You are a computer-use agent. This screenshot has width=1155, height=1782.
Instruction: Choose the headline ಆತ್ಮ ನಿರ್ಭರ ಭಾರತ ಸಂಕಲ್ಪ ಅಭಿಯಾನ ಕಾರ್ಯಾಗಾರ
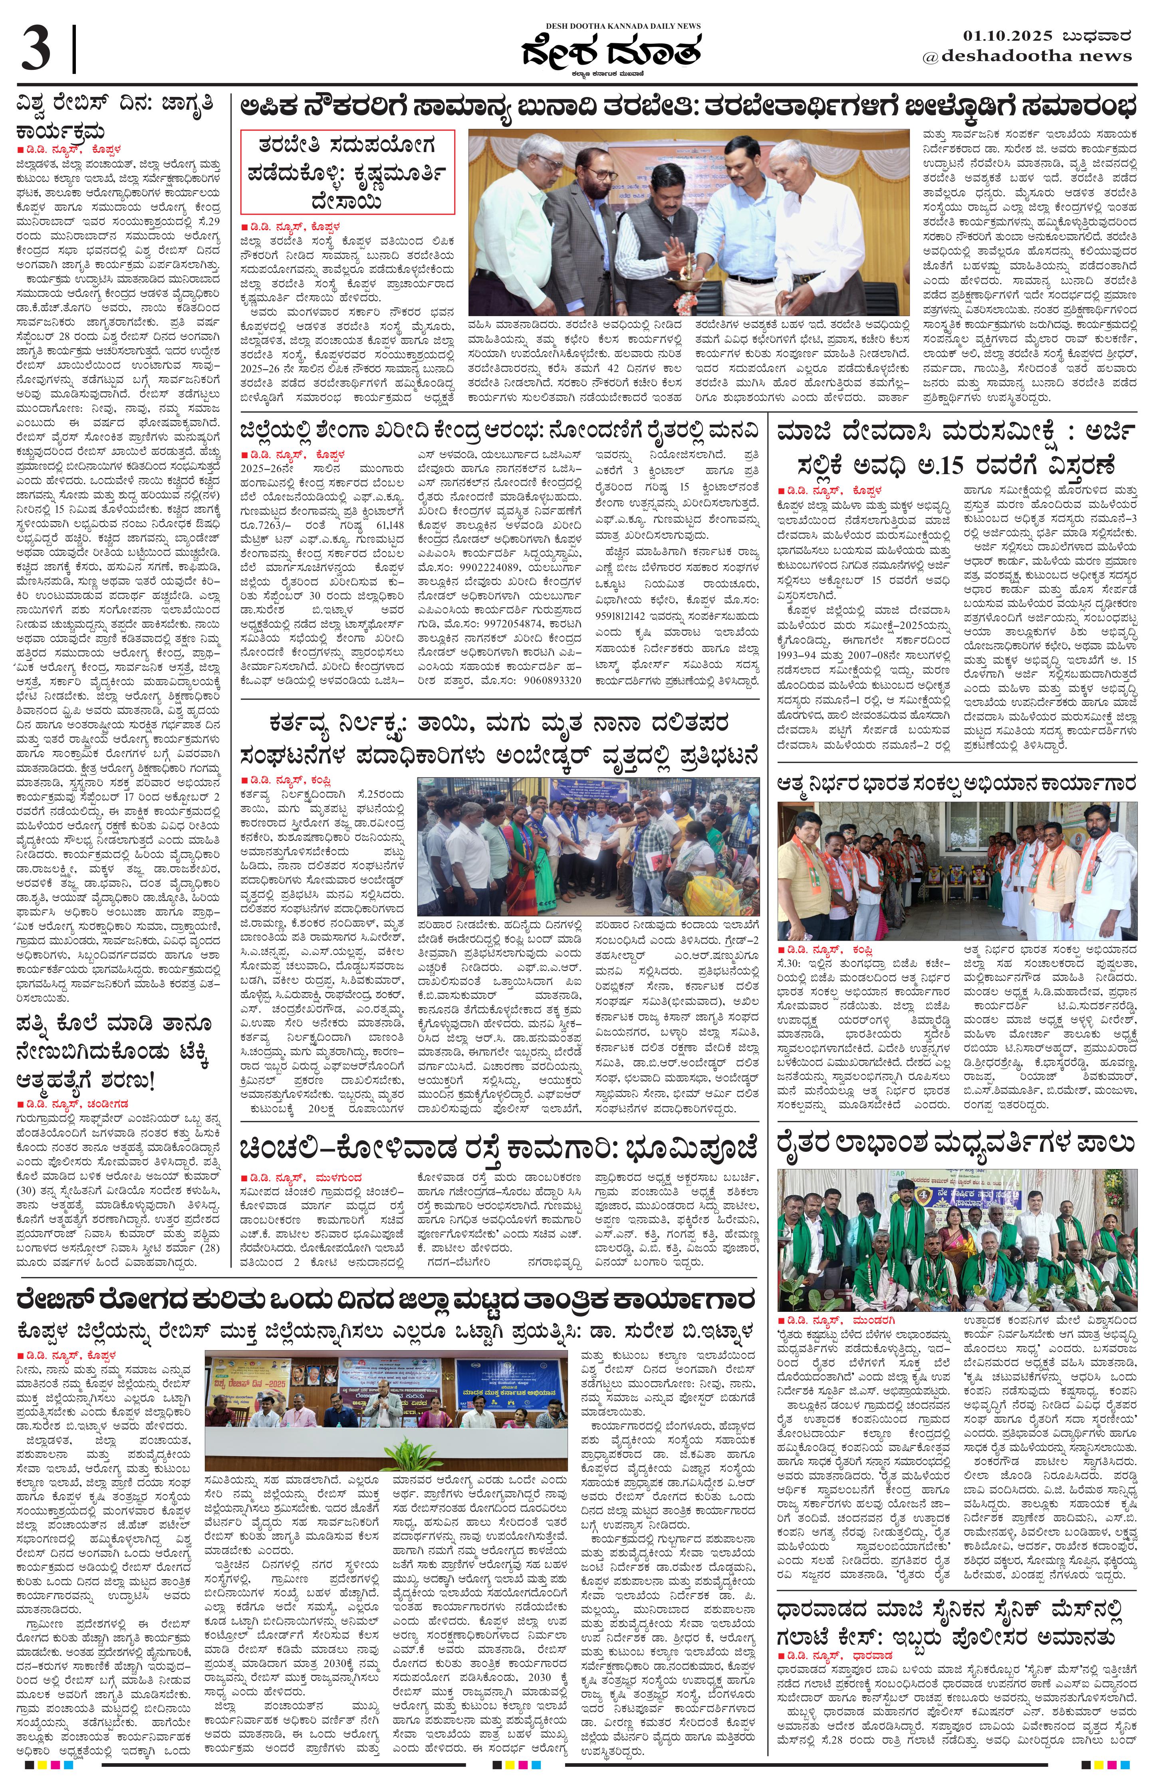pos(956,784)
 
